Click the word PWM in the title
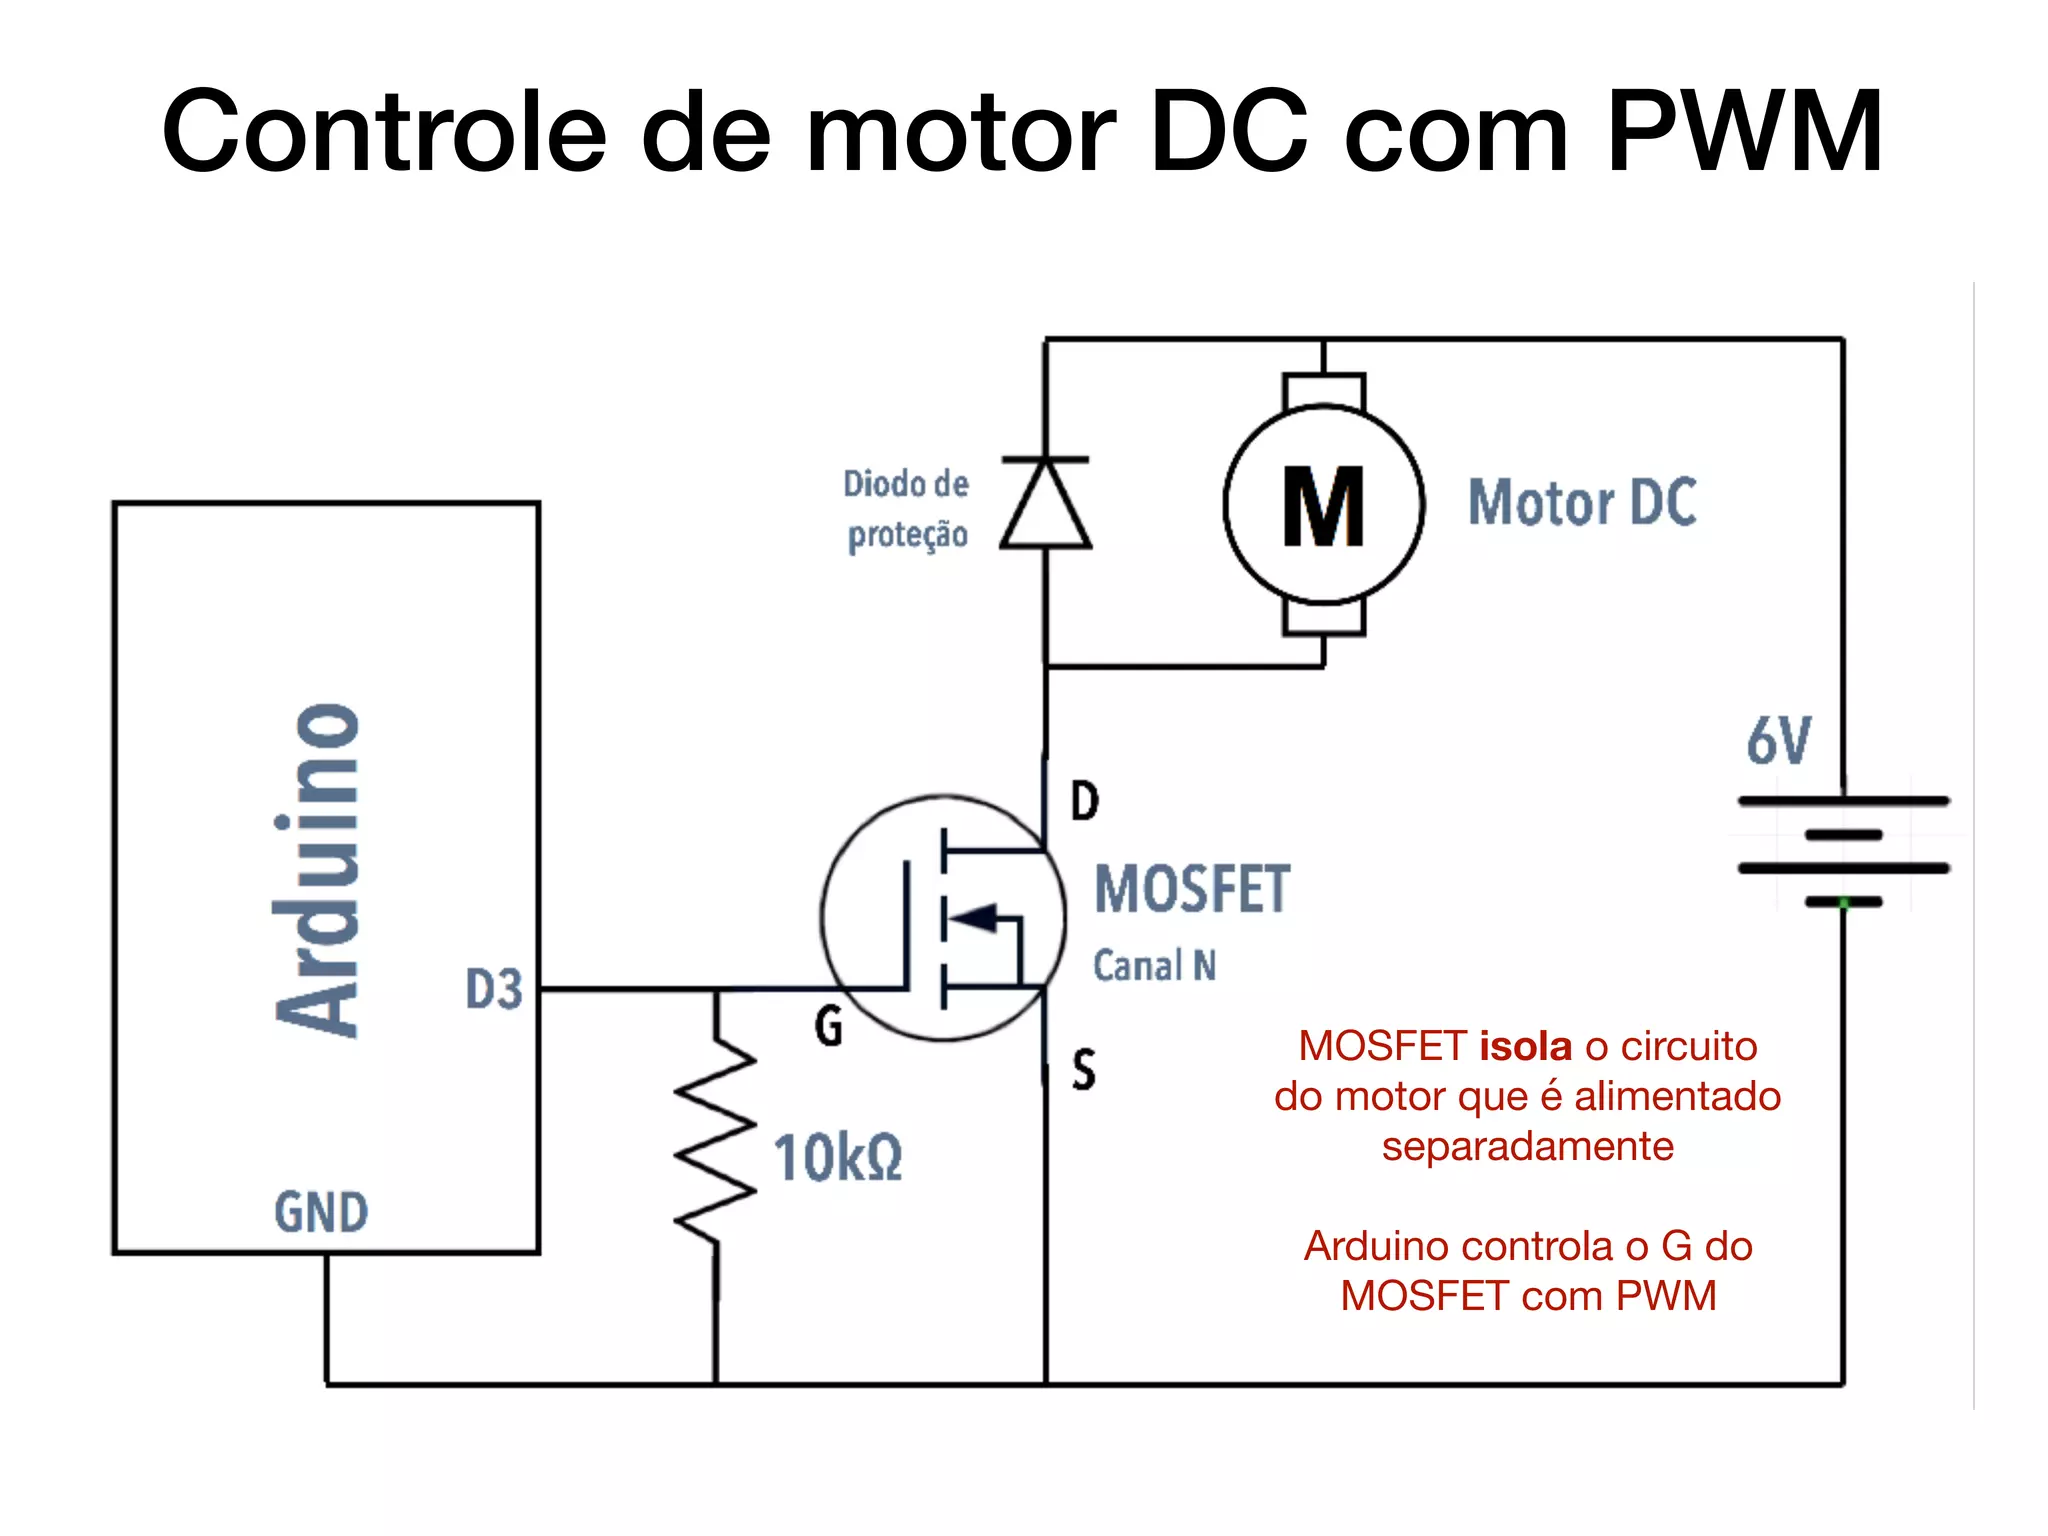(x=1745, y=132)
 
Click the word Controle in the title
(x=384, y=132)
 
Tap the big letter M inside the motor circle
(x=1323, y=507)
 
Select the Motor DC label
(x=1582, y=502)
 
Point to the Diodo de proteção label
(x=906, y=509)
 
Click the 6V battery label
(x=1779, y=741)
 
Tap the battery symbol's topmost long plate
(x=1843, y=801)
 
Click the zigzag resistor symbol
(x=716, y=1140)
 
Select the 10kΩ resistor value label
(x=838, y=1158)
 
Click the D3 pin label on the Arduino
(x=494, y=989)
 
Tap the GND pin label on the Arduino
(x=321, y=1212)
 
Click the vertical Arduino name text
(x=318, y=870)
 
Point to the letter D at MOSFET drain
(x=1085, y=801)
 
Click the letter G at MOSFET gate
(x=829, y=1026)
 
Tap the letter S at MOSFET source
(x=1084, y=1069)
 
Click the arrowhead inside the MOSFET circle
(x=975, y=917)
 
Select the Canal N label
(x=1154, y=966)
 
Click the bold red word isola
(x=1526, y=1046)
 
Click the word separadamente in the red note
(x=1527, y=1146)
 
